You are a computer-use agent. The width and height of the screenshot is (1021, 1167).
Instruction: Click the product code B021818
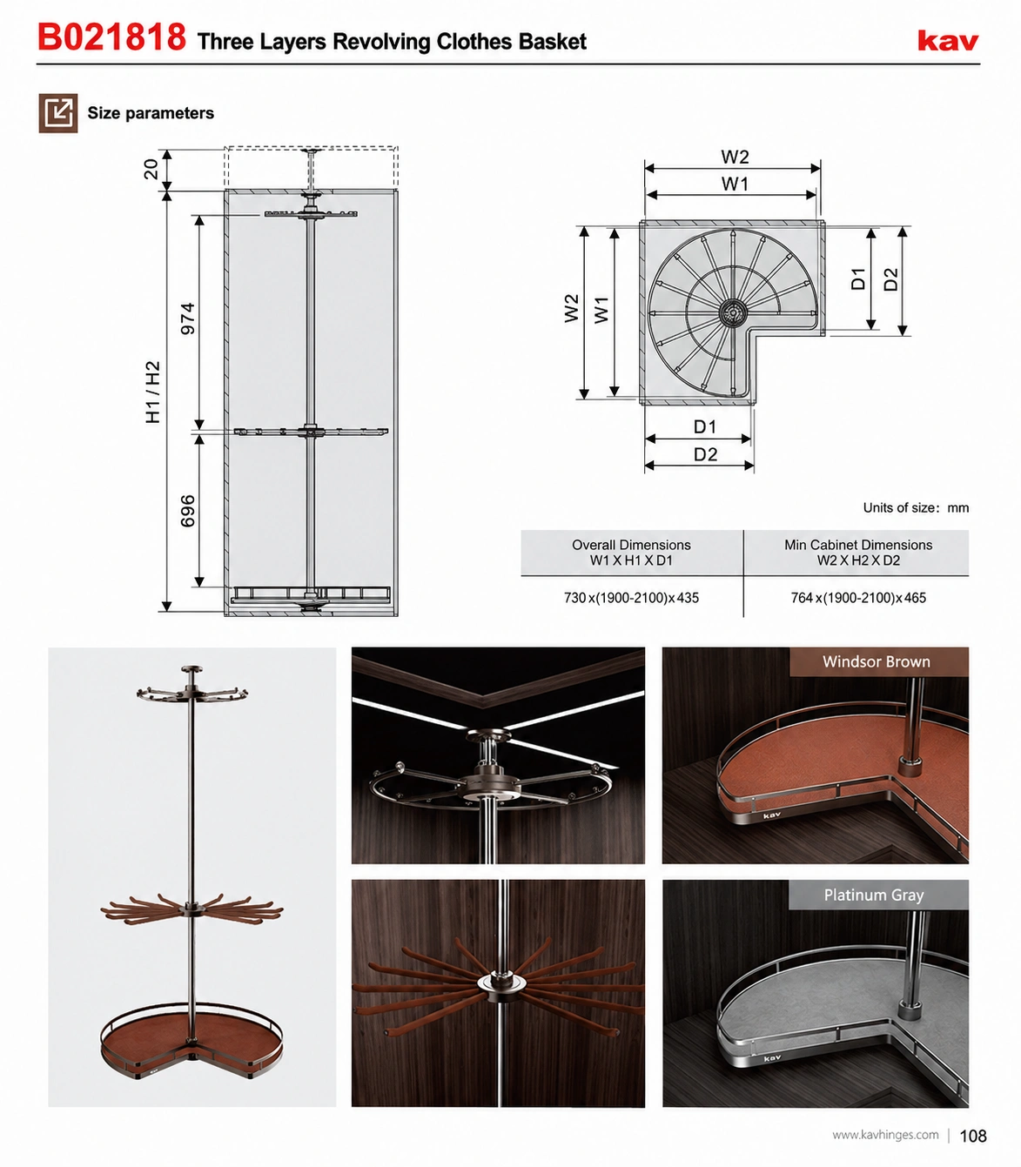111,37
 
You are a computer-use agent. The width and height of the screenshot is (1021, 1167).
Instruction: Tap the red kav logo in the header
948,41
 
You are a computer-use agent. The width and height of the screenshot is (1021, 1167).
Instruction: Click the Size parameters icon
58,113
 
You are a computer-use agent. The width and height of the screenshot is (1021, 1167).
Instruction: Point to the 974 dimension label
188,319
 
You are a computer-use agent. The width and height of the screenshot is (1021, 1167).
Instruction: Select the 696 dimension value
188,511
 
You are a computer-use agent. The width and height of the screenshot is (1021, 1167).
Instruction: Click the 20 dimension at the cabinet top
151,169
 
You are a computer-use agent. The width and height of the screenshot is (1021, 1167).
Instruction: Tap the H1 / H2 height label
153,392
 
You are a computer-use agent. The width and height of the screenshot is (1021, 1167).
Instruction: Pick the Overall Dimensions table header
631,552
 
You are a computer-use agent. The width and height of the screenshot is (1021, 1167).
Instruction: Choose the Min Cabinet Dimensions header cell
858,552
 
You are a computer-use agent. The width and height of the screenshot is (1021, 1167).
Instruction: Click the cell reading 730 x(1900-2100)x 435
631,598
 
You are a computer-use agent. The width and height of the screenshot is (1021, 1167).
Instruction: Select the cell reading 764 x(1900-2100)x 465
858,598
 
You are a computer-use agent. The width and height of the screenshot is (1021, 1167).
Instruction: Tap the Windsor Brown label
877,661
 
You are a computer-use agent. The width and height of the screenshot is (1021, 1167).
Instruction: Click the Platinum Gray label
873,895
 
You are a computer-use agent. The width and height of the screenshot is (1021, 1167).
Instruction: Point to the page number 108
973,1136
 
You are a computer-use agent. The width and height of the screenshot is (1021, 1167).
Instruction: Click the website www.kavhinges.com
885,1135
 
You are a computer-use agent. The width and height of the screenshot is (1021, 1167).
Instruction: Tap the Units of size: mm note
916,507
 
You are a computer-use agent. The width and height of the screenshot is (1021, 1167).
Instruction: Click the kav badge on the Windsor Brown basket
772,815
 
